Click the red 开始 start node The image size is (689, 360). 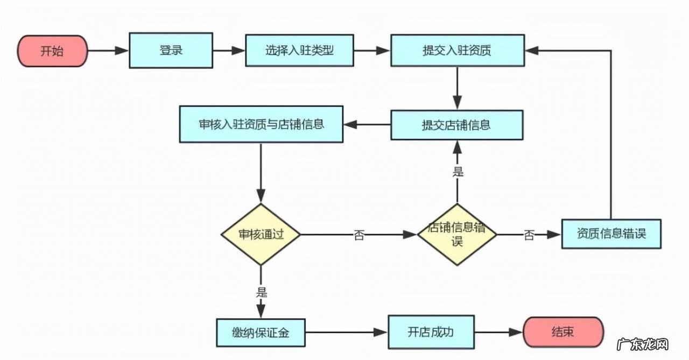point(52,51)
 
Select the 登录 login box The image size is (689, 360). point(171,51)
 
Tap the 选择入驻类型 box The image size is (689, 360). point(299,51)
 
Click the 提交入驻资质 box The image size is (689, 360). point(457,51)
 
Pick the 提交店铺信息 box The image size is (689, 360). point(456,125)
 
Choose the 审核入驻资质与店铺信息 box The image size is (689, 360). point(261,124)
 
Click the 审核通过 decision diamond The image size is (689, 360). point(261,235)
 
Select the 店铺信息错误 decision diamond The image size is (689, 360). point(457,235)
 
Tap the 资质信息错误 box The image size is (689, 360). point(611,234)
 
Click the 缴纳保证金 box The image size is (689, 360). point(261,333)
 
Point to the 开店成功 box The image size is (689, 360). point(431,331)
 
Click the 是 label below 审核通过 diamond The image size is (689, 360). point(261,293)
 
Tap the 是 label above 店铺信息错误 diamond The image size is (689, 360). point(458,172)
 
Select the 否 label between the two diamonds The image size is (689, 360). point(359,235)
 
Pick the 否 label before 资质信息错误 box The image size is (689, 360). point(529,235)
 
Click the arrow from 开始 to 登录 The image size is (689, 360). point(108,51)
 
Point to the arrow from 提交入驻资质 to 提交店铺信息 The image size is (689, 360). point(457,88)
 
